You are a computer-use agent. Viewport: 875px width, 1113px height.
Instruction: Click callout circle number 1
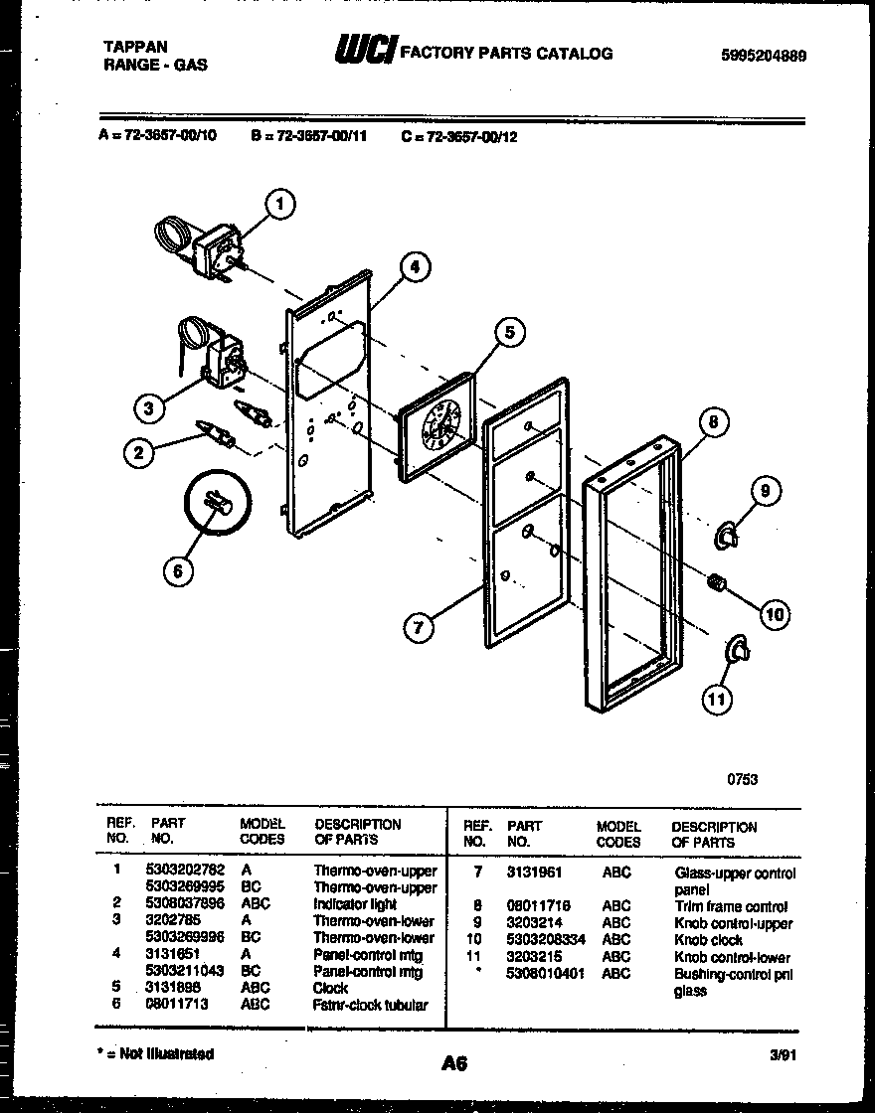coord(281,205)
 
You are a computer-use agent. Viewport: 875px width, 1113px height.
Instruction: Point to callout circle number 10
coord(774,615)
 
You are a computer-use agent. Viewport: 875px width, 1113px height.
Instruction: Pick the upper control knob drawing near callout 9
coord(729,536)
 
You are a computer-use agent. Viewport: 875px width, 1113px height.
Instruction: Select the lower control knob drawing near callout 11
coord(738,650)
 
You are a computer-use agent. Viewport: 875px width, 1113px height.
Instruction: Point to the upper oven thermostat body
coord(218,249)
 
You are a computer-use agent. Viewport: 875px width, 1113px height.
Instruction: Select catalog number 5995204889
coord(762,56)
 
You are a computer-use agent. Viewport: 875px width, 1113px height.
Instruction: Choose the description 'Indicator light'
coord(355,904)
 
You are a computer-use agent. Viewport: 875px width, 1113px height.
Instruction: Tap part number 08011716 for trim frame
coord(538,906)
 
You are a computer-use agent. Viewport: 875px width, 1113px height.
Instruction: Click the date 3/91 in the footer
coord(782,1057)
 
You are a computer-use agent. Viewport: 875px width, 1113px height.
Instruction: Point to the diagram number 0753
coord(742,779)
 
